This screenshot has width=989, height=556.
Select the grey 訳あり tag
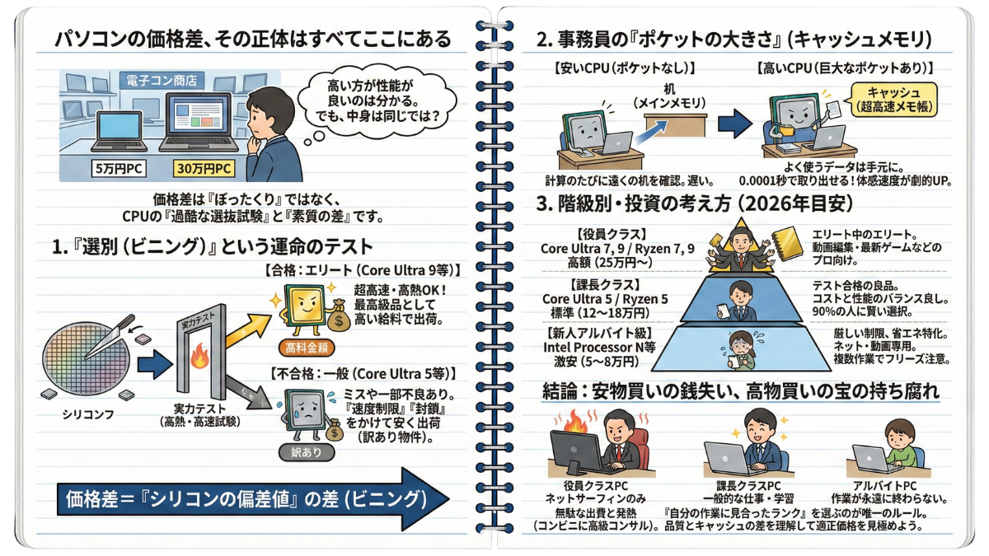click(x=312, y=451)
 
